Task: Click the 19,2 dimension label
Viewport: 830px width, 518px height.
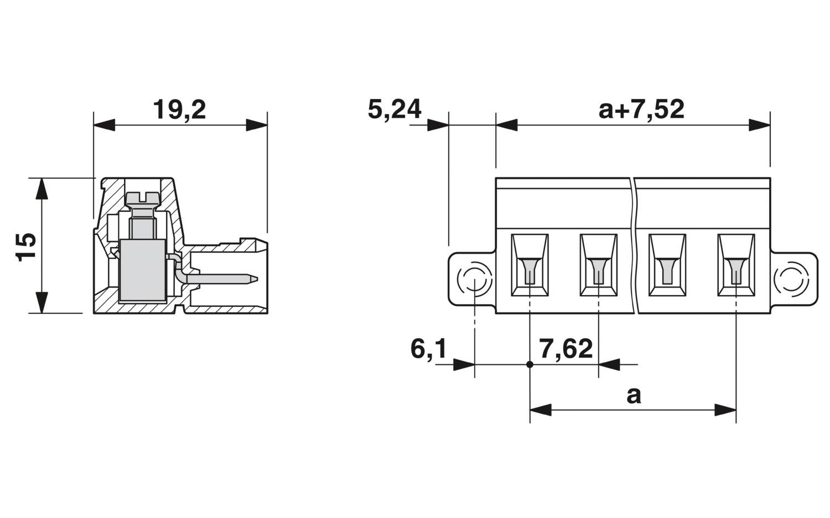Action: pos(179,110)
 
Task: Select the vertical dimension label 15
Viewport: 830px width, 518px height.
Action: pos(26,247)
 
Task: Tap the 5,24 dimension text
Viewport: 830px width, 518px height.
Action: pos(394,109)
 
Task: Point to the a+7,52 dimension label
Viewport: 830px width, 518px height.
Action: pos(641,109)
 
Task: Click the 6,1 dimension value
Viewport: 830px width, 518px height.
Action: pos(428,349)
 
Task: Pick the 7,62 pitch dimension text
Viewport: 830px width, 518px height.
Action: pos(566,349)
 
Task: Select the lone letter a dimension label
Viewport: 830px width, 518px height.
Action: pos(634,396)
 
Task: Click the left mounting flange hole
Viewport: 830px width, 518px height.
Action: pos(474,280)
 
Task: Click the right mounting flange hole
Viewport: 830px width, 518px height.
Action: pos(791,280)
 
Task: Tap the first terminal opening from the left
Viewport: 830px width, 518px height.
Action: pos(530,265)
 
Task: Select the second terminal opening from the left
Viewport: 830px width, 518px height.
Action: pos(598,265)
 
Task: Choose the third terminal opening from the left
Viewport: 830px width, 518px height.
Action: pos(667,265)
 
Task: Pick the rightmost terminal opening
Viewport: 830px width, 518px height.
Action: pos(736,265)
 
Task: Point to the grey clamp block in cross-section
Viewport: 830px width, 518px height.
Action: pos(142,271)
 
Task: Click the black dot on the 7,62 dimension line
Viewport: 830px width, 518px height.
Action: pos(530,365)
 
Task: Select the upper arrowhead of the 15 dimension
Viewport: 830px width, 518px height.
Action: pos(41,189)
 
